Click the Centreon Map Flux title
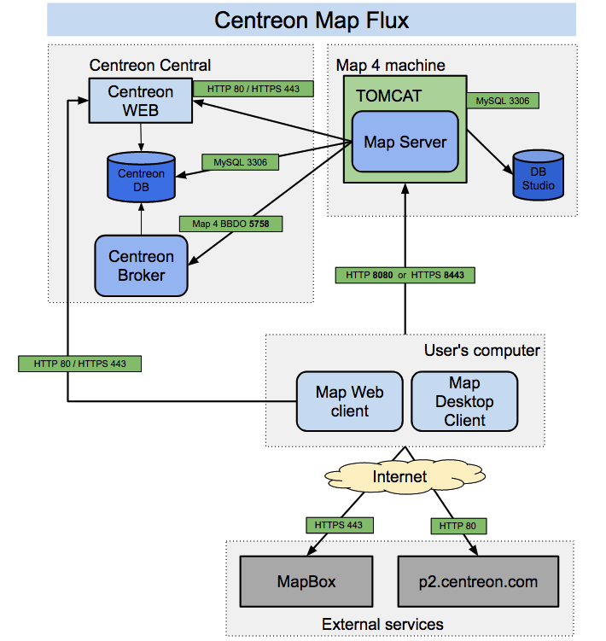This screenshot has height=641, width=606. pyautogui.click(x=312, y=20)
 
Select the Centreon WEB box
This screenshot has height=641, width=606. pyautogui.click(x=140, y=100)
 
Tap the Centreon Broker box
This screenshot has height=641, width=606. pyautogui.click(x=141, y=265)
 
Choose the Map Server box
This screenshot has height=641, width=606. pyautogui.click(x=405, y=142)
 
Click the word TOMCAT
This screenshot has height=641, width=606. pyautogui.click(x=389, y=96)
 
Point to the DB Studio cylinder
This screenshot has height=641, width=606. pyautogui.click(x=538, y=176)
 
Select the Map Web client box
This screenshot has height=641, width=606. pyautogui.click(x=349, y=401)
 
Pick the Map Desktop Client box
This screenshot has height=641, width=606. pyautogui.click(x=464, y=401)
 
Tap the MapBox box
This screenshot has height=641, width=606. pyautogui.click(x=306, y=582)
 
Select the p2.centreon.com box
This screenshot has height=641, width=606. pyautogui.click(x=478, y=582)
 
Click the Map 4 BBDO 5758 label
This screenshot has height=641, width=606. pyautogui.click(x=230, y=224)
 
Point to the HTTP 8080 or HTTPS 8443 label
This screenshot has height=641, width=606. pyautogui.click(x=405, y=275)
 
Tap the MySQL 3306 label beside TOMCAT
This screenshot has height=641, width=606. pyautogui.click(x=503, y=101)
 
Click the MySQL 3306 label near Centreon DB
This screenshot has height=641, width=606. pyautogui.click(x=239, y=160)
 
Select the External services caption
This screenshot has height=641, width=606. pyautogui.click(x=382, y=624)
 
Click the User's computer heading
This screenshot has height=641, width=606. pyautogui.click(x=481, y=350)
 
